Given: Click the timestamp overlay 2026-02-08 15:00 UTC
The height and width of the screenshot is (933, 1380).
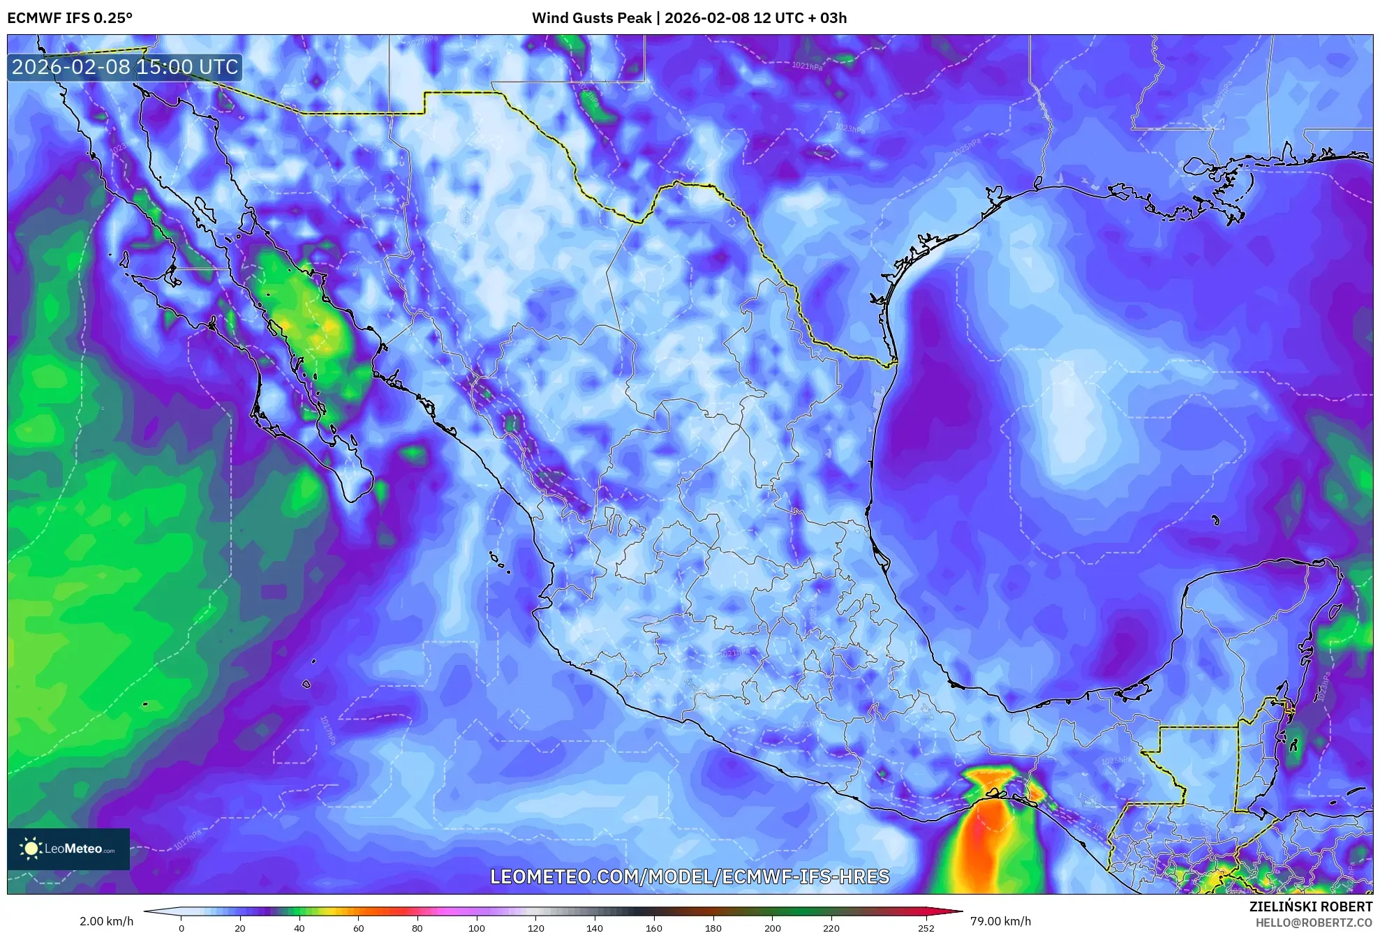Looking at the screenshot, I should tap(125, 67).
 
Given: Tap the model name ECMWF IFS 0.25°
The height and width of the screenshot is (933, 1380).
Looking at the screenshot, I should tap(69, 18).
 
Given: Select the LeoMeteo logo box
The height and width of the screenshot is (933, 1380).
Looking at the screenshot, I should tap(68, 849).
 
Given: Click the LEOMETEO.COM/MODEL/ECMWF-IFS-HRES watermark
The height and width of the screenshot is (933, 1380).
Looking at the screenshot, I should tap(690, 876).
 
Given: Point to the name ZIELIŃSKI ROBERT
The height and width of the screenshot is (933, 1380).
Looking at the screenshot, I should tap(1310, 906).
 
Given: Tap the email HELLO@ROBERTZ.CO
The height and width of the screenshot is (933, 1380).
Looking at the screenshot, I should tap(1314, 923).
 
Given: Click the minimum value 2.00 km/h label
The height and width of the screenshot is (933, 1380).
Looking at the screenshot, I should tap(106, 921).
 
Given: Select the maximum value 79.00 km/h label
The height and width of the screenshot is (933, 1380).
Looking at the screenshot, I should tap(1000, 921).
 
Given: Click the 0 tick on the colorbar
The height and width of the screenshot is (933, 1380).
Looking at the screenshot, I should tap(181, 928).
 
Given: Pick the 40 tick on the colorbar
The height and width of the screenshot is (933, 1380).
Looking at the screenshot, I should tap(299, 928).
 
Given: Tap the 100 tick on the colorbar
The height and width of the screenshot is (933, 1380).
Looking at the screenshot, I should tap(477, 928).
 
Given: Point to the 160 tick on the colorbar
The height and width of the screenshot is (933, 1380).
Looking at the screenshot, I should tap(654, 928).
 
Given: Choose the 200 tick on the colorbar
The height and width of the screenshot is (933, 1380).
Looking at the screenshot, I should tap(772, 928).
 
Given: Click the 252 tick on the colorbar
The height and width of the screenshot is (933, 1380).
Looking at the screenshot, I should tap(926, 928).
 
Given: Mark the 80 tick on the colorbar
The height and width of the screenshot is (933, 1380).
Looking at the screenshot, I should tap(417, 928).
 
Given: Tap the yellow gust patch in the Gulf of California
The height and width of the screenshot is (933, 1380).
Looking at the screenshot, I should tap(318, 331).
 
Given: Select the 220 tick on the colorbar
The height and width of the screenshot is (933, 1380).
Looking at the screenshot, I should tap(831, 928).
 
